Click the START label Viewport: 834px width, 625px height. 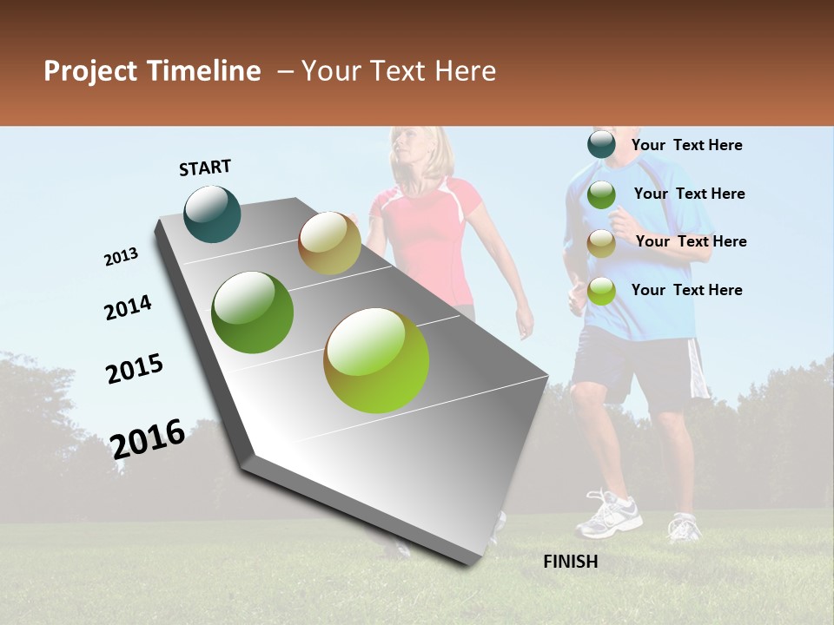click(x=205, y=168)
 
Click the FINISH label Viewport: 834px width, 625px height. click(x=570, y=562)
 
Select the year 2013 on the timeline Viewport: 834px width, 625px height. click(x=121, y=257)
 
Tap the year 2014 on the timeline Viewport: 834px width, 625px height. click(x=128, y=308)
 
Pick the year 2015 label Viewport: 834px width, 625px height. click(x=135, y=369)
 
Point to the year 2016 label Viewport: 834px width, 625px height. click(x=148, y=438)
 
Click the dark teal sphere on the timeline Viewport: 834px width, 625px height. click(x=213, y=214)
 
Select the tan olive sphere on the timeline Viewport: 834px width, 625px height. click(x=329, y=243)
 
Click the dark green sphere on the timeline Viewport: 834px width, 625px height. click(x=253, y=312)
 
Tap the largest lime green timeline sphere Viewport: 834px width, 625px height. click(x=376, y=360)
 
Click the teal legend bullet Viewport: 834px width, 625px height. click(x=601, y=145)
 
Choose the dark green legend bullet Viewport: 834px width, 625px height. click(x=601, y=194)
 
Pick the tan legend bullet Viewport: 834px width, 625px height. click(x=601, y=243)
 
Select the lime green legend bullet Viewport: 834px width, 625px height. click(x=601, y=291)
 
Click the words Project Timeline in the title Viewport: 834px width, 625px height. click(x=152, y=71)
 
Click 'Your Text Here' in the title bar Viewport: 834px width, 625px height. click(x=399, y=71)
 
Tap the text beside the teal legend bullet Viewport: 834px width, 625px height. click(x=686, y=146)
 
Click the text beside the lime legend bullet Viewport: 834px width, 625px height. click(x=686, y=290)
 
